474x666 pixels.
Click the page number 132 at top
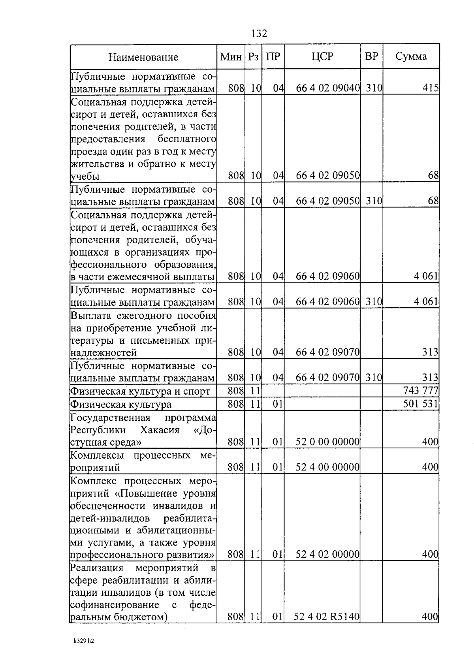(x=259, y=34)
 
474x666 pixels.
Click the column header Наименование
(x=143, y=57)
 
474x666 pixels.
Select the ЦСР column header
(x=322, y=56)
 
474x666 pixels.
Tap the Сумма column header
(x=411, y=56)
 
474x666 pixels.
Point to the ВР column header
(x=371, y=56)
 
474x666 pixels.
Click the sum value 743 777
(x=420, y=391)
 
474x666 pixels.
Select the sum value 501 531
(x=420, y=404)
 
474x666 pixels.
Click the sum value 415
(x=430, y=88)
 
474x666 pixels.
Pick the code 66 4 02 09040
(x=327, y=88)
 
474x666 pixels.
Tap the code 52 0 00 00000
(x=327, y=442)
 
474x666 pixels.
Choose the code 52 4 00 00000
(x=327, y=467)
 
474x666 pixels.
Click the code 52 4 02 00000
(x=327, y=554)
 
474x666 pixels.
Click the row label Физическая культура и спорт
(x=140, y=391)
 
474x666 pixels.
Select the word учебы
(x=85, y=176)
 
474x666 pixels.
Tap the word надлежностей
(x=103, y=352)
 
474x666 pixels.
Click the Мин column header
(x=231, y=56)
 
